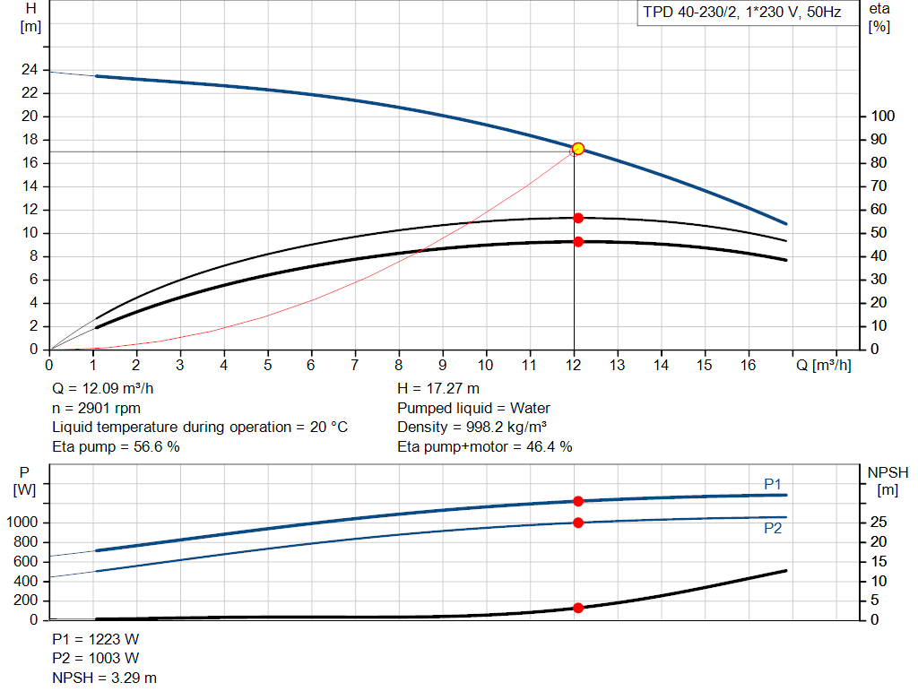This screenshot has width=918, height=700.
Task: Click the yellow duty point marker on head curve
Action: click(578, 149)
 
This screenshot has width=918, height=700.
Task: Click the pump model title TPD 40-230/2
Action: click(740, 13)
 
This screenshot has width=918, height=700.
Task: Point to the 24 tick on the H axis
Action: click(30, 70)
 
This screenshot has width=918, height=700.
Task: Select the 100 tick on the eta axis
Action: click(883, 117)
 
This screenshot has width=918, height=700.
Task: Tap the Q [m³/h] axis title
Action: click(823, 365)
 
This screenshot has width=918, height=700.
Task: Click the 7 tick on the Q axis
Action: click(355, 365)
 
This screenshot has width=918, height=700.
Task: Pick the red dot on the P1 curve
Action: click(578, 501)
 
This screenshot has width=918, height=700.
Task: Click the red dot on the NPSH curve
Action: click(578, 608)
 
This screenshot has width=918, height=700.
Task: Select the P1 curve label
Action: click(773, 484)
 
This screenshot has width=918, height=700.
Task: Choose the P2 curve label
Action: click(773, 529)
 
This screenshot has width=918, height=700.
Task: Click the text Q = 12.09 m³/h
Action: click(108, 389)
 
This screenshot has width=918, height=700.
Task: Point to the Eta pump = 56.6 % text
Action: click(116, 446)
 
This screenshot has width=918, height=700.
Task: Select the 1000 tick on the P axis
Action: click(22, 523)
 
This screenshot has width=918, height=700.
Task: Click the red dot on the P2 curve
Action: click(578, 523)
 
